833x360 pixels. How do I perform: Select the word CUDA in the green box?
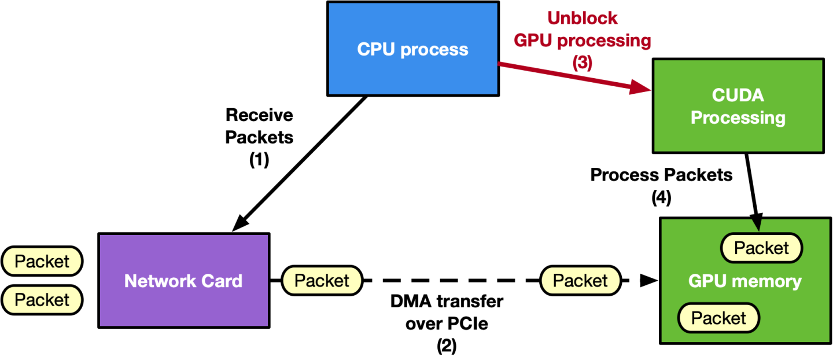[738, 95]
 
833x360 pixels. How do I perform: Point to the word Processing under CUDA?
[738, 117]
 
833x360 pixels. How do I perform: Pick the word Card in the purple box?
[221, 281]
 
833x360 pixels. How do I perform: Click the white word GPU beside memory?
[707, 282]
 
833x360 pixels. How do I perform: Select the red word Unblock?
[583, 19]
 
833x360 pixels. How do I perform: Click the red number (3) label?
[583, 63]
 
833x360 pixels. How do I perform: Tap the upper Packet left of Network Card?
[42, 262]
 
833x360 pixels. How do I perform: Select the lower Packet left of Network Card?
[42, 300]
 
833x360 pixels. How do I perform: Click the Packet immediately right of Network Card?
[322, 281]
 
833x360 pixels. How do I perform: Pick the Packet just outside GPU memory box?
[580, 281]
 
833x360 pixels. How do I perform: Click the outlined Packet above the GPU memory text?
[761, 248]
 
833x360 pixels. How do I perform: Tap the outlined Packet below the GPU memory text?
[718, 318]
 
